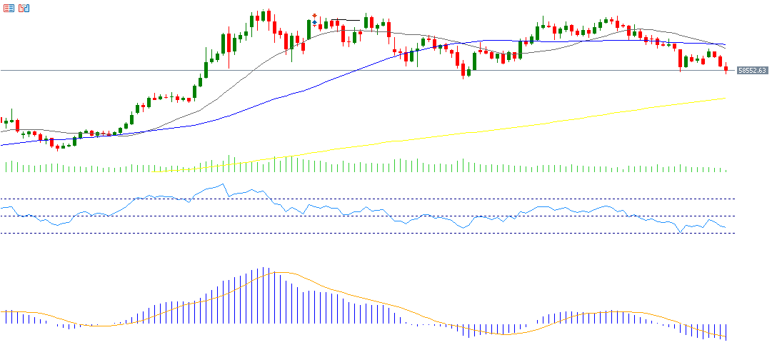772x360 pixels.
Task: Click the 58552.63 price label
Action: pos(752,71)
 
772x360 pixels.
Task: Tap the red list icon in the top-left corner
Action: pos(8,8)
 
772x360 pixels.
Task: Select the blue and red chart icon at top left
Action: pos(24,8)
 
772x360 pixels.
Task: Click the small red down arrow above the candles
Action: pos(314,16)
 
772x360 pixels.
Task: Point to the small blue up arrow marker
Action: pos(314,23)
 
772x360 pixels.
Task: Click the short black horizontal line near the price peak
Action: pos(344,20)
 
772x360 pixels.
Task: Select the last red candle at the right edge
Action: pos(726,69)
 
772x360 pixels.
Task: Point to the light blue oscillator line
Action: pos(428,215)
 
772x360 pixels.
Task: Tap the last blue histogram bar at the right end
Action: pos(726,332)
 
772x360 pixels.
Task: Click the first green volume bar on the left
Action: pos(6,167)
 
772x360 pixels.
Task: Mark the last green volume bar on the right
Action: pos(726,170)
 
